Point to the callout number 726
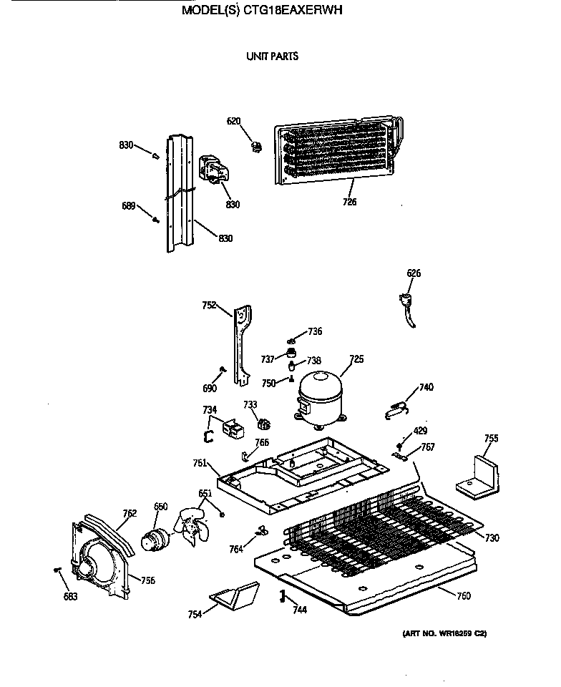click(349, 202)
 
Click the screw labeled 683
click(57, 570)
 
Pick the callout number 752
click(209, 305)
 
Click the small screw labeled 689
click(155, 219)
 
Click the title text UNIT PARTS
click(272, 56)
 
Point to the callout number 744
click(300, 609)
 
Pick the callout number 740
click(426, 387)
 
